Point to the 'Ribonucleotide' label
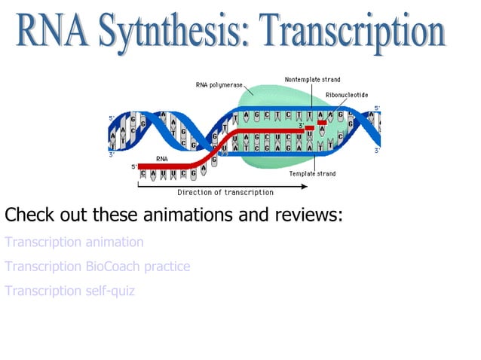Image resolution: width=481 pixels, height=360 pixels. click(347, 95)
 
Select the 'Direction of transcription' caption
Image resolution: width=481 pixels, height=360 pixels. click(225, 192)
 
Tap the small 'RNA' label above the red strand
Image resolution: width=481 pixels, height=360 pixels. click(162, 159)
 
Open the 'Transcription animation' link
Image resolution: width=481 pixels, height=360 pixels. click(74, 243)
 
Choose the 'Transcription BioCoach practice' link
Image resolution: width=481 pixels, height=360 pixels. click(97, 267)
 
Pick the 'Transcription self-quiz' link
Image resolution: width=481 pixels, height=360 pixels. click(70, 291)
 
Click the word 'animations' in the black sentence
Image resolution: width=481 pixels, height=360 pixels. click(187, 215)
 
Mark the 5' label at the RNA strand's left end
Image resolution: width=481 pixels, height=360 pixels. click(133, 166)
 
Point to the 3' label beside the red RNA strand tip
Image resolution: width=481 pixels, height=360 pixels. click(301, 127)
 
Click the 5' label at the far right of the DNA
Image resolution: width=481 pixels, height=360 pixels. click(377, 108)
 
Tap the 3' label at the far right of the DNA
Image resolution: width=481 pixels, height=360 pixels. click(376, 151)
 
